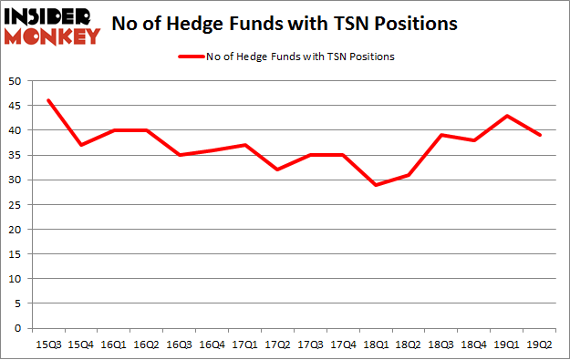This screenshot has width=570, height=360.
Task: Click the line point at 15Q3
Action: click(48, 100)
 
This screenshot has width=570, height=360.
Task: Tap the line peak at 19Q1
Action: click(509, 116)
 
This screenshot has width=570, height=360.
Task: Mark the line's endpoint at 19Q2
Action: click(542, 135)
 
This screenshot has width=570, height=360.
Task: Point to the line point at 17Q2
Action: click(278, 170)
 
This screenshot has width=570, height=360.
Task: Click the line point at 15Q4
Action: click(81, 145)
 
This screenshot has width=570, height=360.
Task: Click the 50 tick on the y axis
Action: click(16, 81)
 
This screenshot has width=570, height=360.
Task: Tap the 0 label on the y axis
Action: click(19, 328)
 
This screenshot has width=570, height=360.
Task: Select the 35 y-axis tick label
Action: click(16, 155)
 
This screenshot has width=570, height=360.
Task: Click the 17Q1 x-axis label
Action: click(245, 344)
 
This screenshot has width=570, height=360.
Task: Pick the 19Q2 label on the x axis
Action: click(542, 344)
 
